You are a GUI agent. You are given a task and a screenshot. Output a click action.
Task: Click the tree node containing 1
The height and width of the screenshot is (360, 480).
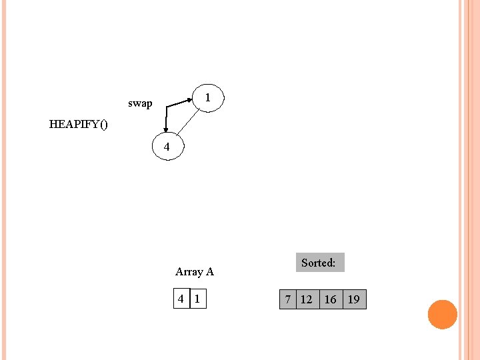point(208,98)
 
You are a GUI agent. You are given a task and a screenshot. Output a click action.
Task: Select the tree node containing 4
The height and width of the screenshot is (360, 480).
point(167,147)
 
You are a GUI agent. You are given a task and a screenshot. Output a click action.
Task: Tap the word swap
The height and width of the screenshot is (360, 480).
point(140,103)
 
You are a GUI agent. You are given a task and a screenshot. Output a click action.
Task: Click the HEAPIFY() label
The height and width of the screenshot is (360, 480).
point(78,124)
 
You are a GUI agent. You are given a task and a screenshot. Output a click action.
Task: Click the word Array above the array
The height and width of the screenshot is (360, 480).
point(189,271)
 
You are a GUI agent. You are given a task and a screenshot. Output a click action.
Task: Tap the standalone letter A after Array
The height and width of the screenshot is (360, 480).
point(209,271)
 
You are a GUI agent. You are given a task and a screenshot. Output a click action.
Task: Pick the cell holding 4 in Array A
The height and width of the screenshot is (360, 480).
point(181,299)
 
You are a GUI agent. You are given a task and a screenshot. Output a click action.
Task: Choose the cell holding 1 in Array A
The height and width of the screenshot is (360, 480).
point(197,299)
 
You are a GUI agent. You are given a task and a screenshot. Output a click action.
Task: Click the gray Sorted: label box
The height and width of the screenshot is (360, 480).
point(319,263)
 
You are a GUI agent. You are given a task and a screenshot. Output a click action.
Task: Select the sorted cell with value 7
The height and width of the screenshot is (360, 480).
point(287,299)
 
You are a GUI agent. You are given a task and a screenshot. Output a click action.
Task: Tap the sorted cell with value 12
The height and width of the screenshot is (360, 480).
point(306,299)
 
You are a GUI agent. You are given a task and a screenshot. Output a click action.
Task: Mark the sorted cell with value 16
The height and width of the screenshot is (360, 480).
point(330,299)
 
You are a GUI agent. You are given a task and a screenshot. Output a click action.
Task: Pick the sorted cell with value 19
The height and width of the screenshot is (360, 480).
point(354,299)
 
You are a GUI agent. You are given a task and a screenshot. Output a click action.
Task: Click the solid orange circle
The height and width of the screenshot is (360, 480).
point(442,315)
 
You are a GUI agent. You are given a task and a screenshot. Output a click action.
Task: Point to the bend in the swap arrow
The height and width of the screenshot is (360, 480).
point(167,107)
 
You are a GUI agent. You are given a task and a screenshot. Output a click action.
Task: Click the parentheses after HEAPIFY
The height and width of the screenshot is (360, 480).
point(102,124)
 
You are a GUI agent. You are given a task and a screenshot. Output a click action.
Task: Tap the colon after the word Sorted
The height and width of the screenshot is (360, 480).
point(334,263)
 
